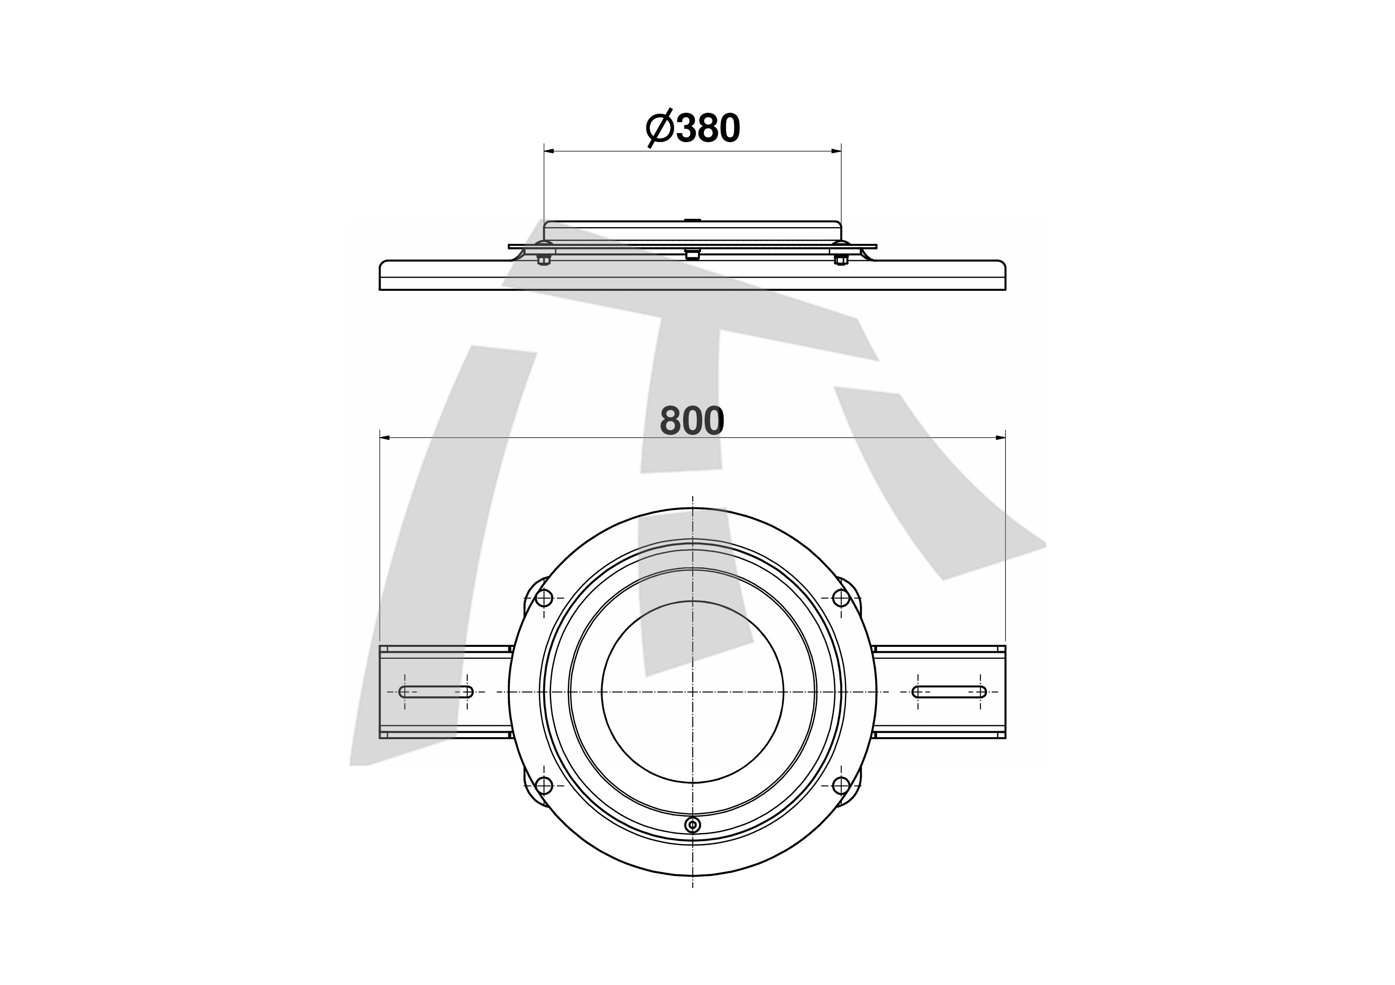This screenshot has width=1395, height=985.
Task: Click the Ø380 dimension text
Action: [693, 129]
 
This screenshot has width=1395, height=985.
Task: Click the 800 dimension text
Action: [692, 420]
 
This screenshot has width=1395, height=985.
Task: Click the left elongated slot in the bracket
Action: [435, 691]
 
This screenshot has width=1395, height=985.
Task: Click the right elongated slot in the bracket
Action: [949, 691]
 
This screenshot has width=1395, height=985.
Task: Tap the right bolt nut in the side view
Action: [841, 261]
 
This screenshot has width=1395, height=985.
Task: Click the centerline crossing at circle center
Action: [693, 691]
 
